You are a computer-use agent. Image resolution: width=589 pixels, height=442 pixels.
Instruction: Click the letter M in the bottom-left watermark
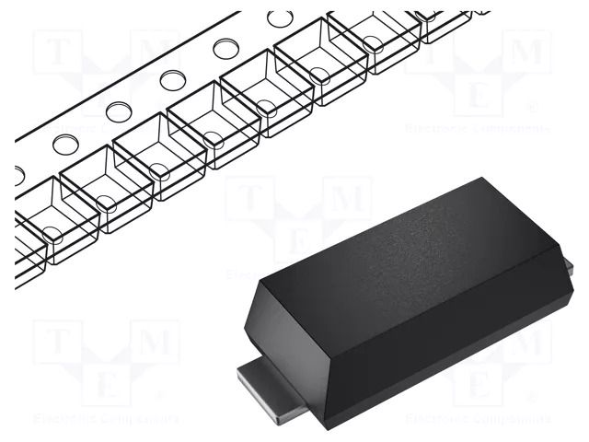click(x=151, y=342)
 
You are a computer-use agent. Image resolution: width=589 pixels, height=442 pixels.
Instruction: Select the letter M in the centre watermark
click(x=344, y=199)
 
